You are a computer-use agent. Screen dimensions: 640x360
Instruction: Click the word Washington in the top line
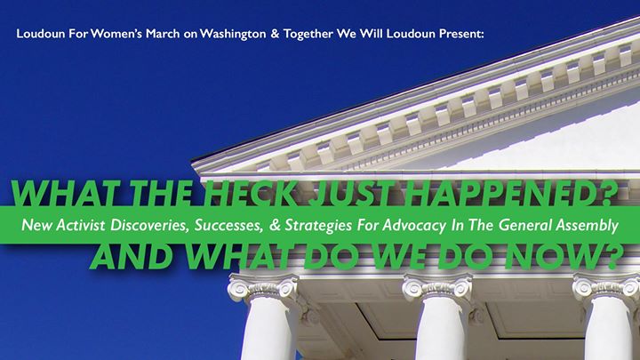tap(233, 34)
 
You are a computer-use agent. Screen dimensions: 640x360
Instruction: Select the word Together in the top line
tap(308, 34)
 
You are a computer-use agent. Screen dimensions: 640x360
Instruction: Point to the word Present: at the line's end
tap(461, 34)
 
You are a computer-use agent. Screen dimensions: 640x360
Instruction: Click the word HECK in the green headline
tap(250, 193)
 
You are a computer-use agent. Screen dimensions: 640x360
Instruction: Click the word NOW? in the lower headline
tap(564, 257)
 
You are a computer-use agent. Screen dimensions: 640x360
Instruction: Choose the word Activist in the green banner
tap(80, 225)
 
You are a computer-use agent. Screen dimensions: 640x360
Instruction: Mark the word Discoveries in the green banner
tap(150, 225)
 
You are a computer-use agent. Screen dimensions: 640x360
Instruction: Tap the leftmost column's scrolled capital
tap(263, 287)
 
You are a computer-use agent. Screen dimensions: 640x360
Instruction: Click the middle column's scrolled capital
tap(437, 287)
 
